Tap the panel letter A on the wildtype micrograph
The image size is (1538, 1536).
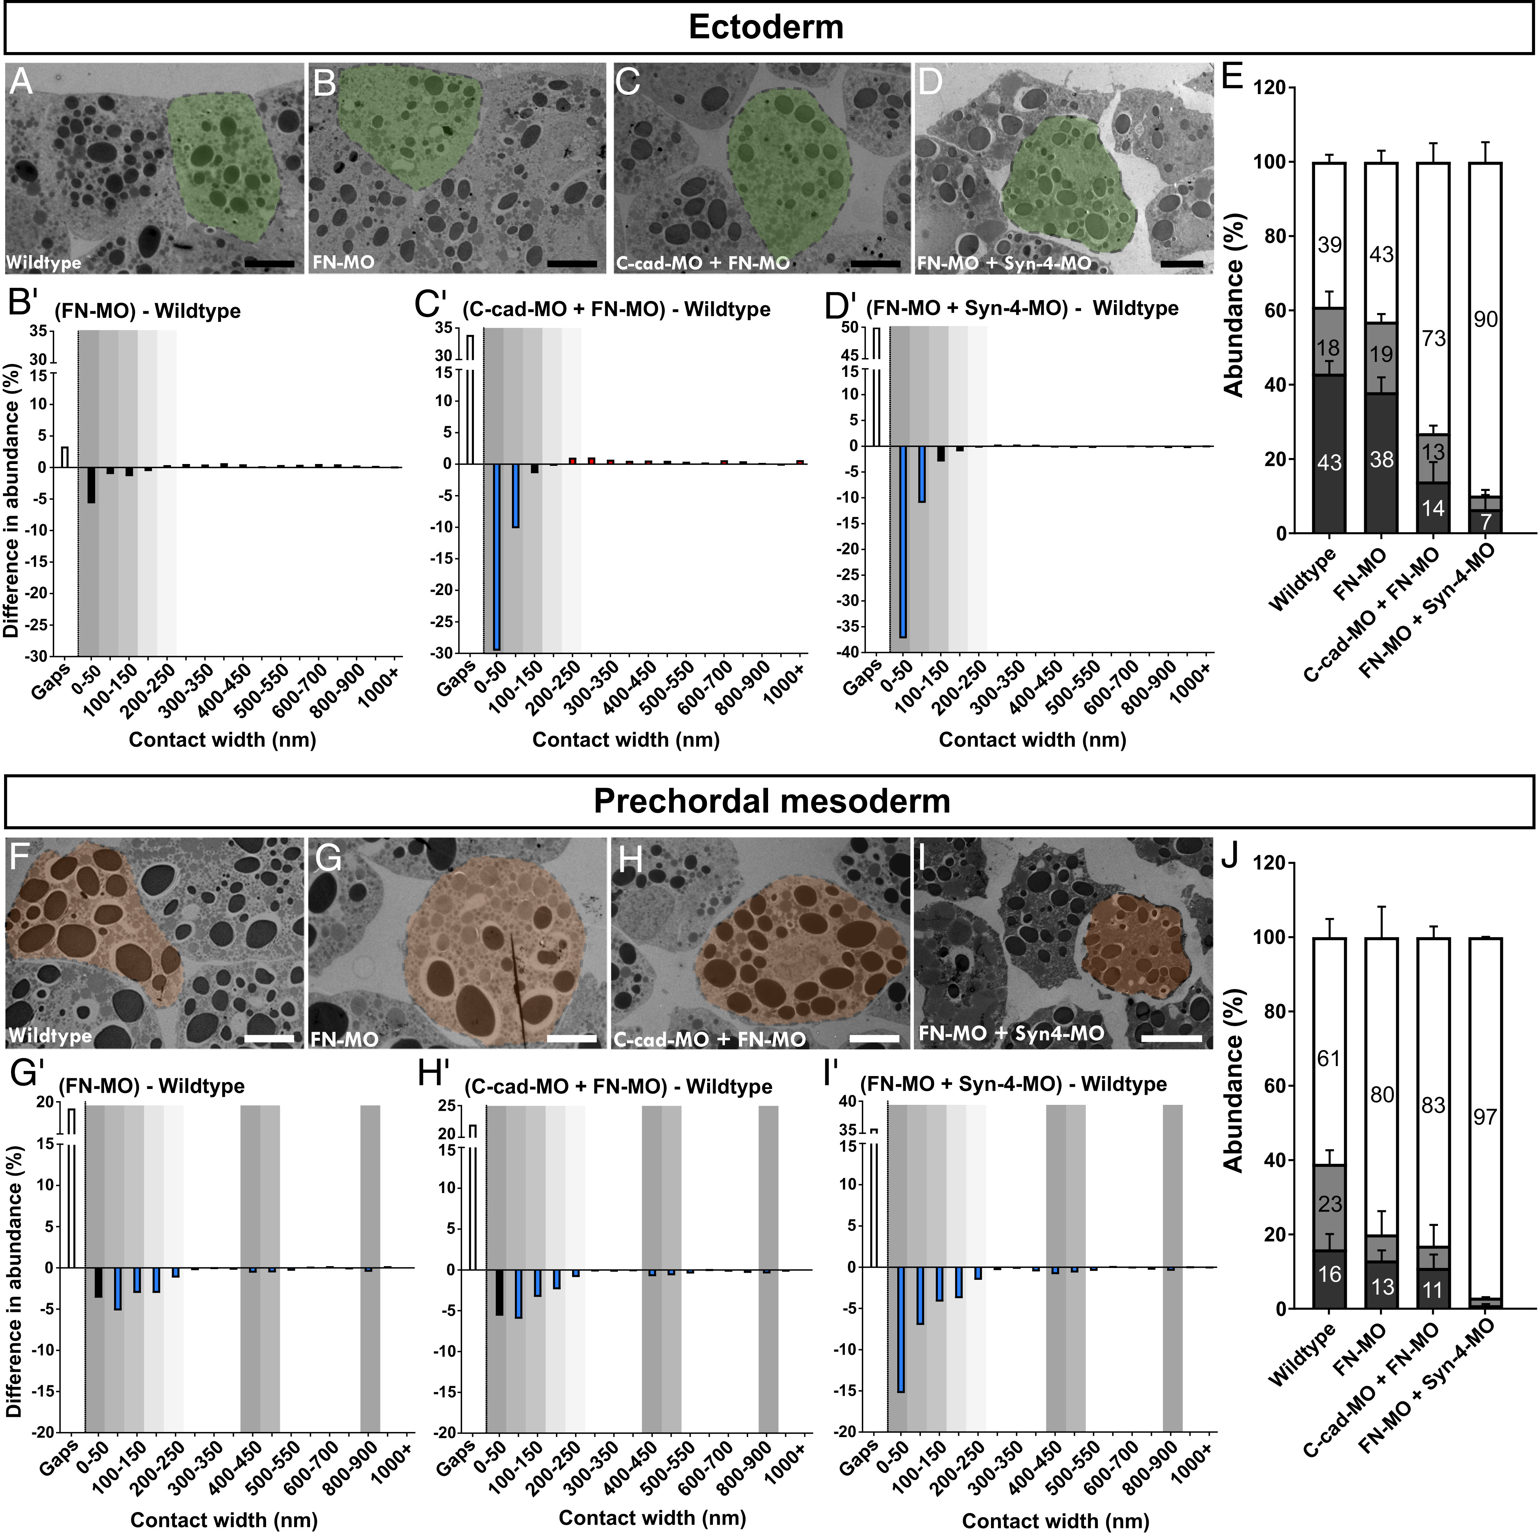[21, 82]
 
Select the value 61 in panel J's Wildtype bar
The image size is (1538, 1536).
[1329, 1058]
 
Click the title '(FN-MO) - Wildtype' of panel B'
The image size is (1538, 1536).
[147, 311]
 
